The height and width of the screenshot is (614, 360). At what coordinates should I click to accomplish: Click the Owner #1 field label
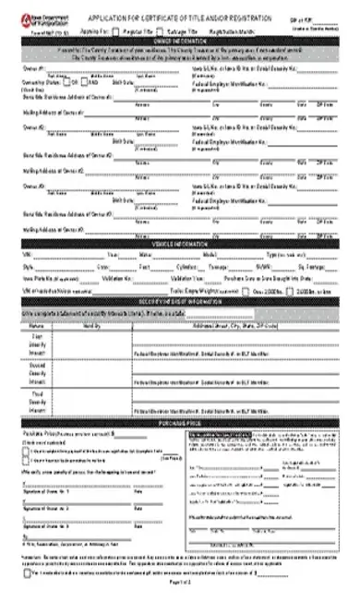(x=32, y=66)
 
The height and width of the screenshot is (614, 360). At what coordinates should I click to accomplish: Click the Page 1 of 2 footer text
(x=180, y=609)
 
